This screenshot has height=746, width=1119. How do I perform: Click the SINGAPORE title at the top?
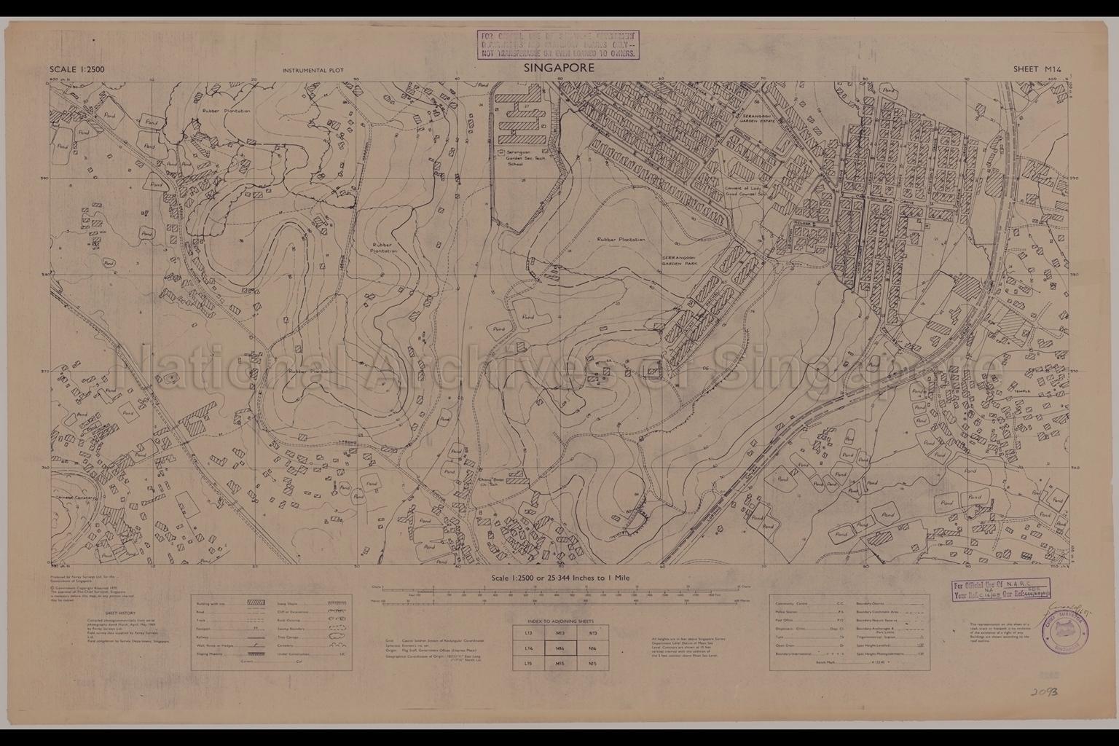point(559,68)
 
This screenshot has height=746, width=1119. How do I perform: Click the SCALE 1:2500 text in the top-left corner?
point(77,70)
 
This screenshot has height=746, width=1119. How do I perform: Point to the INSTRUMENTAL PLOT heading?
point(313,71)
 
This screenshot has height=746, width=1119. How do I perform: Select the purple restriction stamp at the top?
point(557,44)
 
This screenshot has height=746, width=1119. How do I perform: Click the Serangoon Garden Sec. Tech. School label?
point(527,157)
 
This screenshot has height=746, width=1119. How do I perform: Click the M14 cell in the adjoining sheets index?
point(559,648)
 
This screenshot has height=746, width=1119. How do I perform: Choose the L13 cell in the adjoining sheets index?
point(530,633)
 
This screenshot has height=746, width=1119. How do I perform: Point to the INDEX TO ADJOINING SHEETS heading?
point(559,621)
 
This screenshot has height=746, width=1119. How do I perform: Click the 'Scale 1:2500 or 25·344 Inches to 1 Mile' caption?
point(559,577)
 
